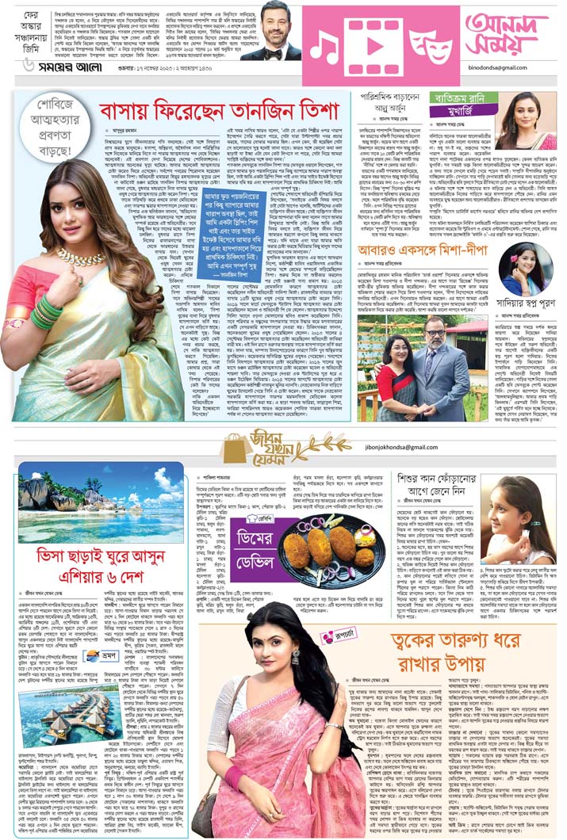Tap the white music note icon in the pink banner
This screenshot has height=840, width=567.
pos(326,49)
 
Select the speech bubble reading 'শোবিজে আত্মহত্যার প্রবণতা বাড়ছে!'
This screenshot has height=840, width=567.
pos(49,122)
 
